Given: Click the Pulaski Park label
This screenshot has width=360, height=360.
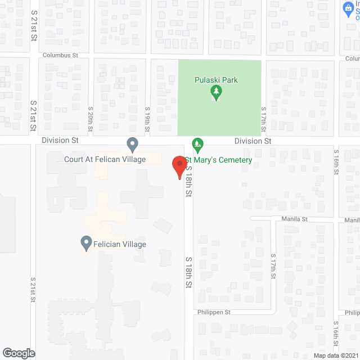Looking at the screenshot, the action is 216,80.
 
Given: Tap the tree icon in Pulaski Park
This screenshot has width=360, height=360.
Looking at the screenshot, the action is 214,91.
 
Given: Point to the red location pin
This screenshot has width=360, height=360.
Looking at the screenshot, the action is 179,167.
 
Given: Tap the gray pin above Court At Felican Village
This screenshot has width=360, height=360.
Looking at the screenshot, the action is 132,145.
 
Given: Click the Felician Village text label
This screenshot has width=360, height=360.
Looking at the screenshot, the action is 120,244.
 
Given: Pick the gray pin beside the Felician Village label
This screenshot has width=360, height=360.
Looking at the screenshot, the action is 86,244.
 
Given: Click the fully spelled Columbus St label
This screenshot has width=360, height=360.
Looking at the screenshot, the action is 64,56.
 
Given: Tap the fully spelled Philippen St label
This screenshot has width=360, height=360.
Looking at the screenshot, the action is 214,312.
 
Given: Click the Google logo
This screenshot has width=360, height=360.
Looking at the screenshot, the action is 19,353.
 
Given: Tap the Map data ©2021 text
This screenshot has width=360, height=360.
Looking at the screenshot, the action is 335,355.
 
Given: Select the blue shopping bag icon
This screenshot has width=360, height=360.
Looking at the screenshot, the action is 348,8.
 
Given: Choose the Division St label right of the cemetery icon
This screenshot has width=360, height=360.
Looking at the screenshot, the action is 253,141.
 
